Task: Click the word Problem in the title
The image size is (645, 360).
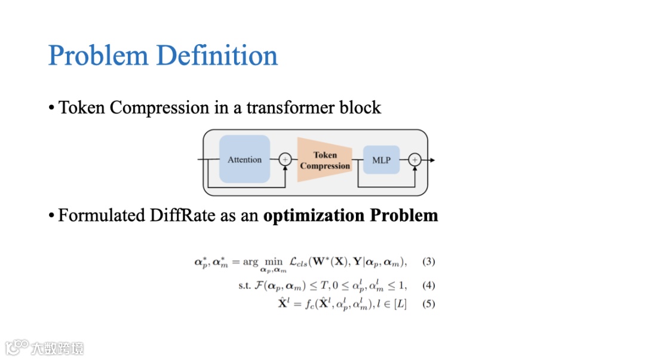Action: click(98, 56)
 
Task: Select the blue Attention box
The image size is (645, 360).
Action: click(244, 159)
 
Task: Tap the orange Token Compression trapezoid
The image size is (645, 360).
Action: click(324, 160)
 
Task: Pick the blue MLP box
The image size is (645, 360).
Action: click(381, 160)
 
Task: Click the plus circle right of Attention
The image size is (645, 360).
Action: click(285, 159)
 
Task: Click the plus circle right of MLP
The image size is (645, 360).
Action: click(415, 160)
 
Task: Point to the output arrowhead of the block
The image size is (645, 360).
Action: click(432, 160)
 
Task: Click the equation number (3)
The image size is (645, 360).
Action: click(429, 261)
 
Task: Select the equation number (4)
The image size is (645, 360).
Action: click(429, 285)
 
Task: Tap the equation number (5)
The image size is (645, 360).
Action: click(429, 304)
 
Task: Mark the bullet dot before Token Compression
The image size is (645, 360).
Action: click(51, 109)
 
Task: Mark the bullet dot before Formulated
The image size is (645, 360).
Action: click(51, 216)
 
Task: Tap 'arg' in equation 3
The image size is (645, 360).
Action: click(250, 262)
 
